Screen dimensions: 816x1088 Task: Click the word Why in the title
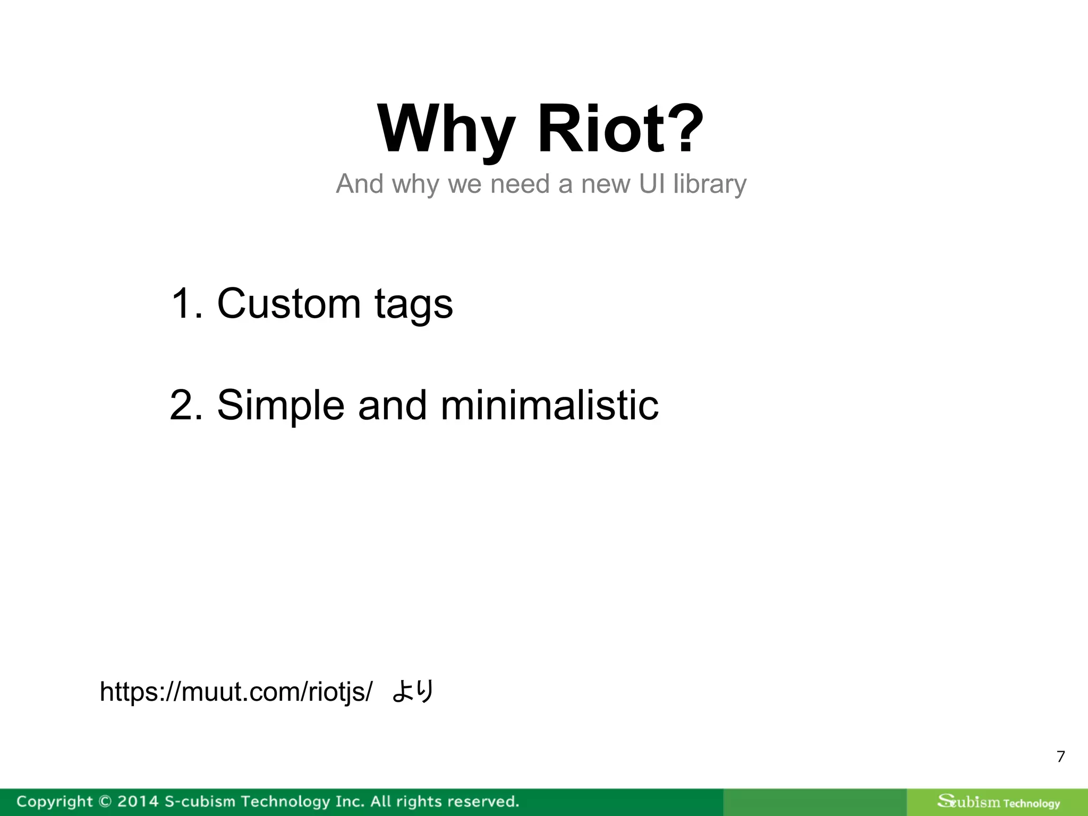445,130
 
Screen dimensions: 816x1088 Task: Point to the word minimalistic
549,405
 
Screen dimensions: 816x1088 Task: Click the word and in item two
392,405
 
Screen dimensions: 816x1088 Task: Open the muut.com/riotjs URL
236,692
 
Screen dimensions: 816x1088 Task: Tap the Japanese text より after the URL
413,691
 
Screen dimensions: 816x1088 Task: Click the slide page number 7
1060,756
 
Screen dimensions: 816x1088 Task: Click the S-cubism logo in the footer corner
998,802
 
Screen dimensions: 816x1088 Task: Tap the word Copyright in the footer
54,802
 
